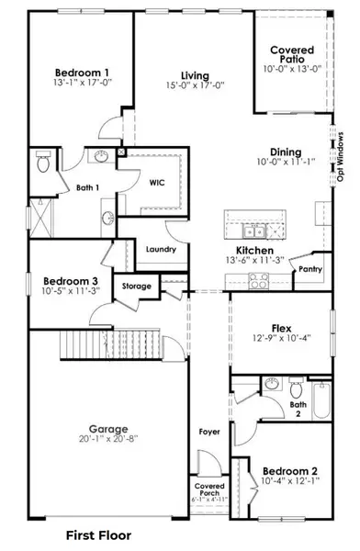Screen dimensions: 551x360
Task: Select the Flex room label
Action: coord(281,328)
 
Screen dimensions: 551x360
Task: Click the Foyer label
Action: coord(210,431)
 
